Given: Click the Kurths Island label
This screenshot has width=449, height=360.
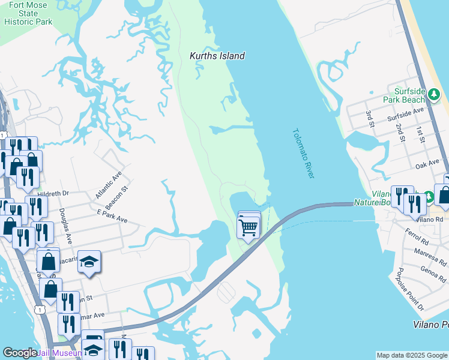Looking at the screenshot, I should tap(217, 56).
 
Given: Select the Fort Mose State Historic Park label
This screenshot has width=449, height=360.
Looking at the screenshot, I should tap(28, 13).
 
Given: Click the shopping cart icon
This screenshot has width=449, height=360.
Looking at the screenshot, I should tap(249, 227).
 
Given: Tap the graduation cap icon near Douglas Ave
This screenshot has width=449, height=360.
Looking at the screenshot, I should tap(89, 262).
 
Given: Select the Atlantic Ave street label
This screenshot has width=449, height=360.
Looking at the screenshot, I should tap(108, 185).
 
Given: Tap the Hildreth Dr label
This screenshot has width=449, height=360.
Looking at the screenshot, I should tap(53, 193).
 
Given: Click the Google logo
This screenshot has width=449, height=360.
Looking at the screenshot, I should tap(20, 353).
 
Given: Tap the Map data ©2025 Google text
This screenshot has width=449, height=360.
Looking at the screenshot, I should tap(412, 355).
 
